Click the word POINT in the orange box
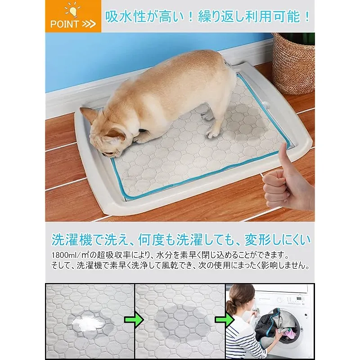pyautogui.click(x=64, y=24)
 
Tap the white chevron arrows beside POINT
pyautogui.click(x=89, y=24)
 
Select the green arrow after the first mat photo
pyautogui.click(x=134, y=319)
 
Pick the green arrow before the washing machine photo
pyautogui.click(x=224, y=319)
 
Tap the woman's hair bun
pyautogui.click(x=231, y=305)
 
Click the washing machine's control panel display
pyautogui.click(x=299, y=298)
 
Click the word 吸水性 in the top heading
pyautogui.click(x=126, y=17)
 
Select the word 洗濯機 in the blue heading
pyautogui.click(x=72, y=240)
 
